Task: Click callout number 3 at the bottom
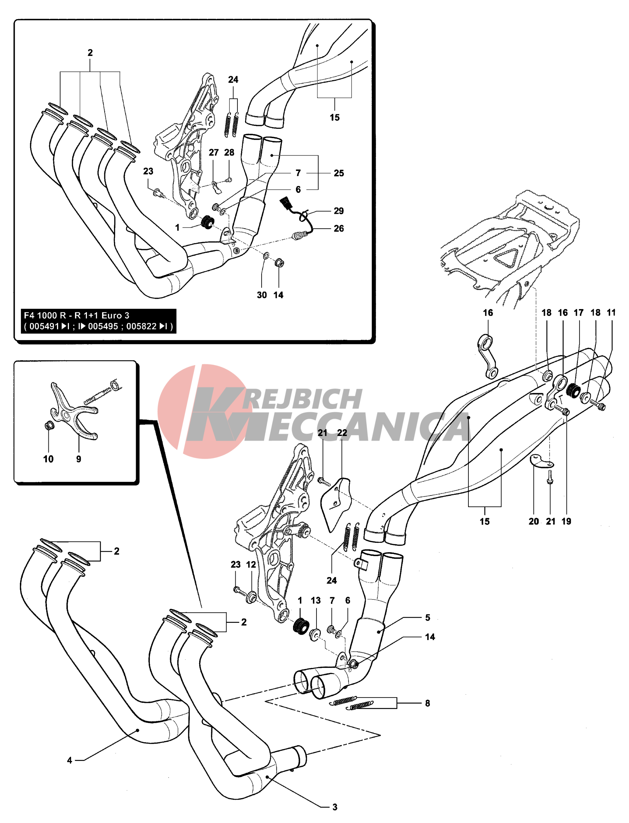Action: (335, 807)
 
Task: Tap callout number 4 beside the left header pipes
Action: (69, 760)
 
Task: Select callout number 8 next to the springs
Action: (427, 703)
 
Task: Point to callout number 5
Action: (428, 617)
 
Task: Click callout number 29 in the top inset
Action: (338, 211)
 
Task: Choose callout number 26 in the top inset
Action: (338, 228)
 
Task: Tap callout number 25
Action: (338, 173)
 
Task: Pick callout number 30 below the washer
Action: (262, 295)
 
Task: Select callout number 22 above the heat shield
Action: (342, 432)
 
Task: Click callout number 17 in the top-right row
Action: (578, 312)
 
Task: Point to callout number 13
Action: (316, 600)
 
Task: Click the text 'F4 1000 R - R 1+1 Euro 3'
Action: (77, 315)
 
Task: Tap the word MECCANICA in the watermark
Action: (356, 426)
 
